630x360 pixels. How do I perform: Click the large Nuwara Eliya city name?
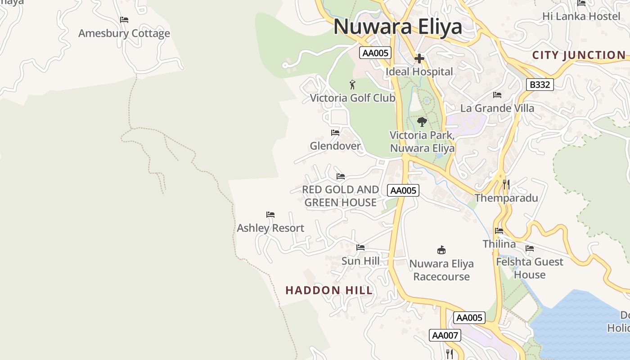click(398, 27)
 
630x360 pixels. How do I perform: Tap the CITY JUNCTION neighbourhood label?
click(579, 55)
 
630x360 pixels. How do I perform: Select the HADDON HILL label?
click(329, 290)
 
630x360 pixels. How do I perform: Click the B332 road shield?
click(540, 85)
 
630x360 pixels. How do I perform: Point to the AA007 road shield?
click(445, 335)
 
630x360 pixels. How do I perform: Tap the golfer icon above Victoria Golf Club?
click(352, 84)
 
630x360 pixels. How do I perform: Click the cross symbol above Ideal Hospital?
click(419, 58)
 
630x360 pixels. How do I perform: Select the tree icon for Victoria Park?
click(422, 121)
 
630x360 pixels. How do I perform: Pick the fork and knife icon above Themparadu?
click(506, 184)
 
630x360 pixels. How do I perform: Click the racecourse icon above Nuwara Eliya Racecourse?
click(441, 250)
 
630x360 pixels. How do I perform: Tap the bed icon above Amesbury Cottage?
click(124, 20)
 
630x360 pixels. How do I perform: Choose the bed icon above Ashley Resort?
click(270, 215)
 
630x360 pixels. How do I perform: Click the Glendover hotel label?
click(335, 146)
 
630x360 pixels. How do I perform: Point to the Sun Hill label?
click(360, 261)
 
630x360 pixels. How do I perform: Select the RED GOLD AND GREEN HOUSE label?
click(340, 196)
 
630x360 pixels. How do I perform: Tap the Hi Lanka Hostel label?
click(581, 16)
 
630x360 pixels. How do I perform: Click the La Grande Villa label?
click(497, 108)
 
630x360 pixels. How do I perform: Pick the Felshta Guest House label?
click(530, 268)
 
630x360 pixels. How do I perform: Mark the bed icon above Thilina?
click(499, 231)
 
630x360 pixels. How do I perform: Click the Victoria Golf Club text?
click(352, 98)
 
